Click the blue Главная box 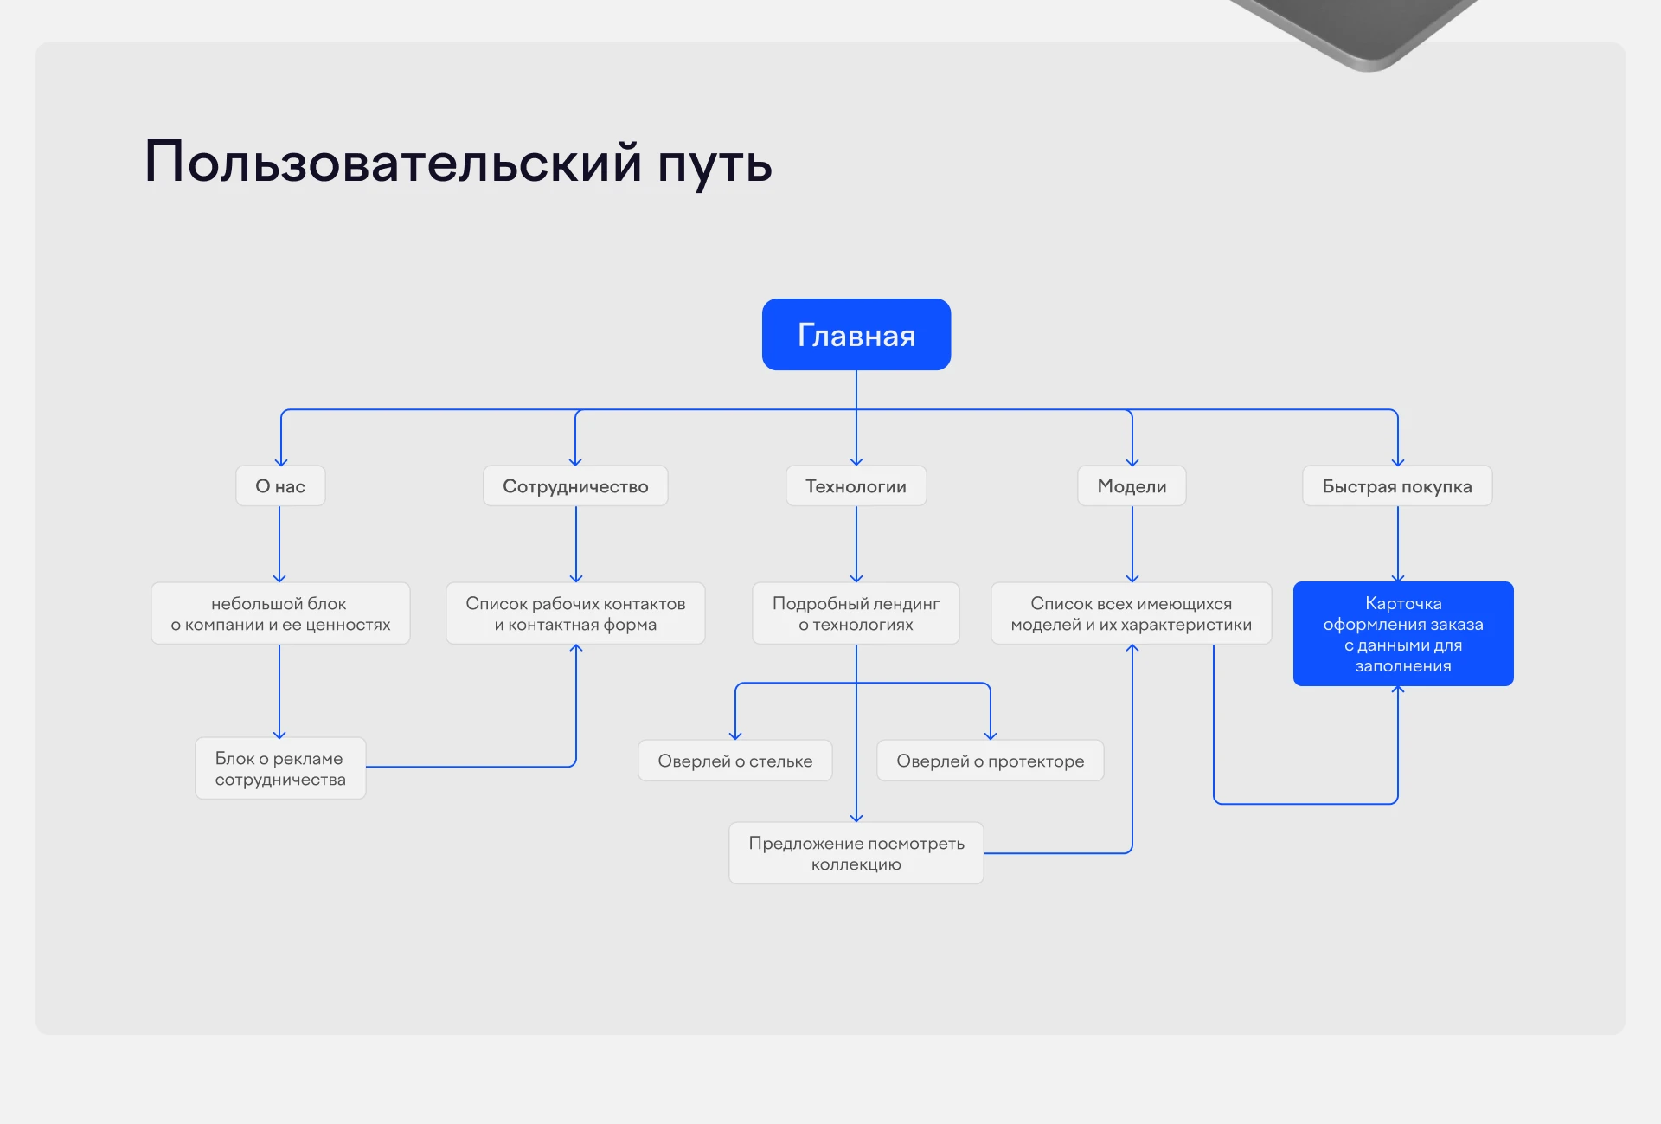tap(856, 335)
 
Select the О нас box tap(280, 486)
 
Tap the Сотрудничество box tap(575, 486)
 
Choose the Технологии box tap(856, 486)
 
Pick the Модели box tap(1132, 486)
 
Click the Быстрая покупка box tap(1397, 486)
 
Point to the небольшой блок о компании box tap(280, 613)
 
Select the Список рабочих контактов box tap(575, 613)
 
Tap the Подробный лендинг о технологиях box tap(856, 613)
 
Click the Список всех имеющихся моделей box tap(1131, 613)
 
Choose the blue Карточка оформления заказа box tap(1403, 634)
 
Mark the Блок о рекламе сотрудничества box tap(280, 768)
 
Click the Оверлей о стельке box tap(735, 761)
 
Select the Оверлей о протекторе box tap(990, 761)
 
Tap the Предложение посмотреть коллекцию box tap(856, 853)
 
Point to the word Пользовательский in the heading tap(394, 163)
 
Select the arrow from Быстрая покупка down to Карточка tap(1398, 543)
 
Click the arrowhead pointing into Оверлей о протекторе tap(991, 735)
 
